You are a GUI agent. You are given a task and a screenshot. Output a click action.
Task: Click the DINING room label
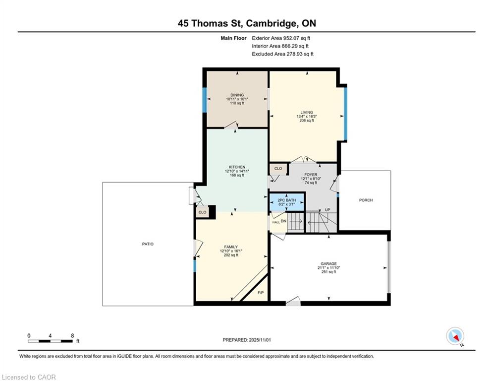pos(237,95)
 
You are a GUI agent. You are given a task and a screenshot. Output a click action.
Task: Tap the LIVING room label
pos(307,113)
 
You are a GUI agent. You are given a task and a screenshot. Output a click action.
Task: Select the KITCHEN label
pos(237,167)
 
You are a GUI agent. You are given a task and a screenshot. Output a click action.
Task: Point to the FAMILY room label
pos(231,247)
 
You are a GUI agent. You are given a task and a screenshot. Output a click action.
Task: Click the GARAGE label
pos(329,264)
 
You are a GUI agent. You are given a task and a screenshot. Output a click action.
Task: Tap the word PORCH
pos(366,200)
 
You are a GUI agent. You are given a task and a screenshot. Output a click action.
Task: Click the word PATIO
pos(148,244)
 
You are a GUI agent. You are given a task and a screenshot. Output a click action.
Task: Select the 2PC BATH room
pos(287,202)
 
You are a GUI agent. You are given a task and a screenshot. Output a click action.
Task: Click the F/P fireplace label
pos(261,293)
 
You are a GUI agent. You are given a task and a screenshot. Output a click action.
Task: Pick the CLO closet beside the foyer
pos(278,169)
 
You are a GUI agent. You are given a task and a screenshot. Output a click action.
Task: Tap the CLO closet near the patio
pos(203,212)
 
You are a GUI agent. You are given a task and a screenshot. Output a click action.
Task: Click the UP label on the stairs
pos(328,210)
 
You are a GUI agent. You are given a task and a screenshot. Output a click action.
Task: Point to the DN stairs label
pos(283,221)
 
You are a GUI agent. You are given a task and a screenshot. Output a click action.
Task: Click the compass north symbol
pos(455,336)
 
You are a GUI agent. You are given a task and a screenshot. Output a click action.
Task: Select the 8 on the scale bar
pos(72,336)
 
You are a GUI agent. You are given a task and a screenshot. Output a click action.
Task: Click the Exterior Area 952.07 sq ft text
pos(281,38)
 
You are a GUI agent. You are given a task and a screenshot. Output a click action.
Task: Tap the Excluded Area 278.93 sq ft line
pos(282,54)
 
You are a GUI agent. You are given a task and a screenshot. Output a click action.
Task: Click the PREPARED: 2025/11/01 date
pos(247,340)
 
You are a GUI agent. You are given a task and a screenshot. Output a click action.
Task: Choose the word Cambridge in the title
pos(271,23)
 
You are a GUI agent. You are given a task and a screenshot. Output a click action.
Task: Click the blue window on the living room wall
pos(345,113)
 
